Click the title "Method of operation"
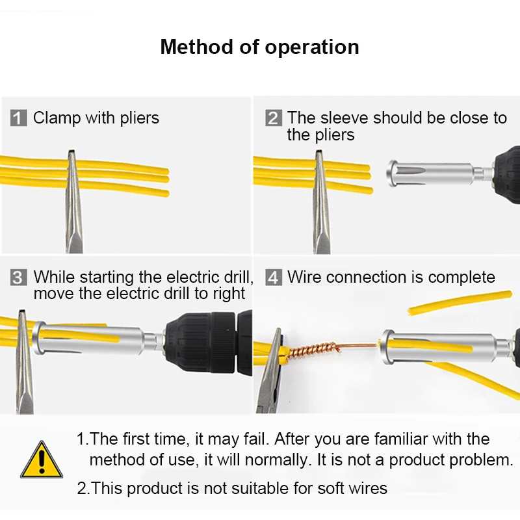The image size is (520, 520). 259,47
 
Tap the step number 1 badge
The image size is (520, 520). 19,118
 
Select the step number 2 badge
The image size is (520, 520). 273,118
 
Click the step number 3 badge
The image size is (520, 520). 19,278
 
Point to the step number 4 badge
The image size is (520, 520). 274,278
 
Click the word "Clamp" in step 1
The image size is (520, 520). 56,118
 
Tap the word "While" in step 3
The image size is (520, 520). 55,277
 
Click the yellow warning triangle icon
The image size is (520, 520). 42,461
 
